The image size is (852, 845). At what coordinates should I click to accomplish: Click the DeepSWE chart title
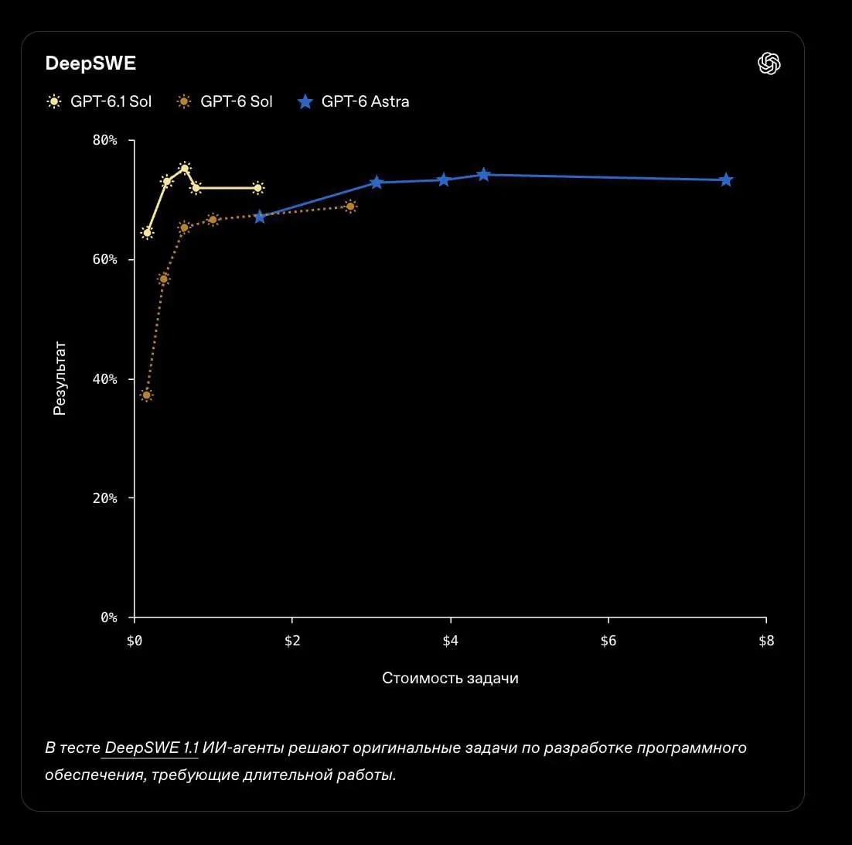click(90, 63)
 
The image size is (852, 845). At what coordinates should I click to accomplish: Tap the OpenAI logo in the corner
click(769, 63)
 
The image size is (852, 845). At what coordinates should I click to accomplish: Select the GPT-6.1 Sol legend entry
click(99, 101)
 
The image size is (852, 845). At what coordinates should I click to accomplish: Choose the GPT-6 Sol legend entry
click(224, 101)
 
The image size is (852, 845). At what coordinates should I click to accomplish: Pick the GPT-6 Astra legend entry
click(353, 101)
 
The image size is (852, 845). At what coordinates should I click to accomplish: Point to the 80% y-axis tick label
click(105, 140)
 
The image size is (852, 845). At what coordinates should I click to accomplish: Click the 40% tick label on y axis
click(105, 379)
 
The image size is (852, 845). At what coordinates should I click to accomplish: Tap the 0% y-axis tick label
click(109, 617)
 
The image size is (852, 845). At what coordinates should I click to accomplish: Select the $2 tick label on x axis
click(292, 641)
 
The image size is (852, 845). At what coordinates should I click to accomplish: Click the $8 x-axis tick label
click(766, 641)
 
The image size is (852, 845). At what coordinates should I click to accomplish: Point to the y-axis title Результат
click(60, 378)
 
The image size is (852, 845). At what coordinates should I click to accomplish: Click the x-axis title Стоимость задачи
click(450, 678)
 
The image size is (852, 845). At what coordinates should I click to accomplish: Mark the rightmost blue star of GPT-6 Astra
click(726, 180)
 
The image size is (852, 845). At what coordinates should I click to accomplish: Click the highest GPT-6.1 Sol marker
click(185, 168)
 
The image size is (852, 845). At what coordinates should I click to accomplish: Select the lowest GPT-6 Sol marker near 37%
click(146, 395)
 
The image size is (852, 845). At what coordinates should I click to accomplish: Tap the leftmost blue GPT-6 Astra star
click(260, 217)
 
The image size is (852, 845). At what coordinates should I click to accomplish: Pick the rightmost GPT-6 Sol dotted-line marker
click(350, 207)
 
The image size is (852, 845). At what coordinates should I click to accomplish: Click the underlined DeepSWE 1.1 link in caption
click(151, 748)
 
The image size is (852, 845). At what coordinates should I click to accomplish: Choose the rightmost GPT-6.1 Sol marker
click(258, 188)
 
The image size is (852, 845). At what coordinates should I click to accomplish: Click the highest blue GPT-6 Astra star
click(483, 175)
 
